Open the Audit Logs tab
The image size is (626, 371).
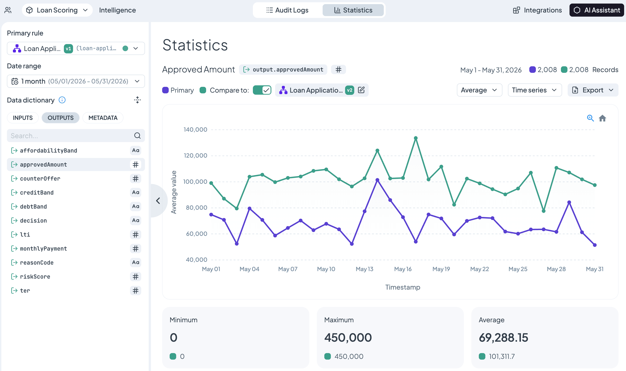pos(287,10)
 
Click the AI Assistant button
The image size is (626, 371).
pos(596,10)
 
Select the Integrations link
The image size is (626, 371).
pos(537,10)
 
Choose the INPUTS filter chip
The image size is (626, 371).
pos(23,118)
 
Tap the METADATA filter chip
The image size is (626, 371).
pos(103,118)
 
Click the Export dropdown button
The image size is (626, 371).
pos(593,90)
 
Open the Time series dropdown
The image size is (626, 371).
pos(535,90)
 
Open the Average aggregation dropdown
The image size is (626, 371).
pos(479,90)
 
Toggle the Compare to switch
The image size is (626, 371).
pos(262,90)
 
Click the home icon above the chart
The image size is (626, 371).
pos(602,118)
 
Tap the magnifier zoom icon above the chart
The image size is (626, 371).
pos(590,118)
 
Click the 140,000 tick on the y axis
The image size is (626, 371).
pos(195,130)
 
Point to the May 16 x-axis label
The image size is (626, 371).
pos(403,269)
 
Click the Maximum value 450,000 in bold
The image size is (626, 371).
pos(348,338)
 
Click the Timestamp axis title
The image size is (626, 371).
pos(403,287)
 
